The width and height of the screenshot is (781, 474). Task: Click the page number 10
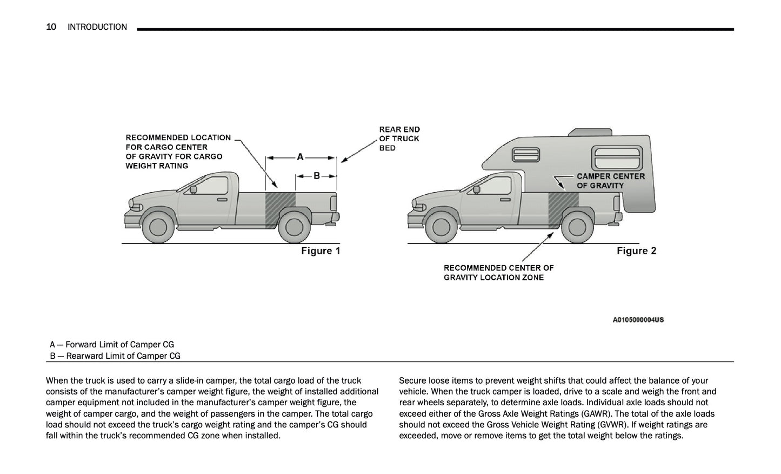51,27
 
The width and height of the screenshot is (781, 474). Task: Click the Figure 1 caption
321,251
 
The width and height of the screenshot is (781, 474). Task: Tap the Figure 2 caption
636,251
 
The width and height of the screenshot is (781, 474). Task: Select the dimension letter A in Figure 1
301,157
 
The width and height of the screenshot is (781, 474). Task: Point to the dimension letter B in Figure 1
317,175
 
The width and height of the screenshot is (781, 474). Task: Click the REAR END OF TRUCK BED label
399,139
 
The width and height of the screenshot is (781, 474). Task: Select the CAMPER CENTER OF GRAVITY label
610,181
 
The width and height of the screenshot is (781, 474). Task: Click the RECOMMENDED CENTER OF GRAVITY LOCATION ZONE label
498,273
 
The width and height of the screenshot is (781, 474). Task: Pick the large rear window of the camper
616,158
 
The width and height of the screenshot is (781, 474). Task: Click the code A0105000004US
638,320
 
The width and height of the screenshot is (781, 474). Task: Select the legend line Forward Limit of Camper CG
112,345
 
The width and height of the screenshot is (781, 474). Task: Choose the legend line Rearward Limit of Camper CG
115,356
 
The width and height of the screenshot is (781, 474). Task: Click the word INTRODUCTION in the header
97,27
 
